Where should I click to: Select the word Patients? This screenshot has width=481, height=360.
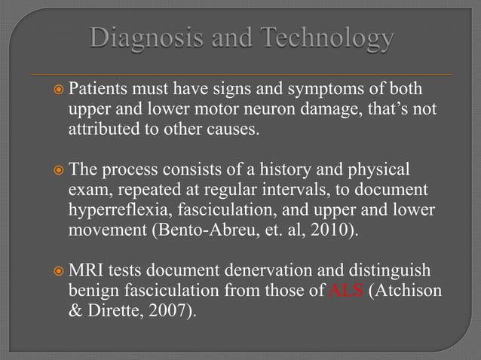click(100, 90)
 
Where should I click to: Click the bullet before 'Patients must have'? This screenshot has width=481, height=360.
click(59, 91)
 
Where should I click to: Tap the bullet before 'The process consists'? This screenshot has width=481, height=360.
click(59, 169)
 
